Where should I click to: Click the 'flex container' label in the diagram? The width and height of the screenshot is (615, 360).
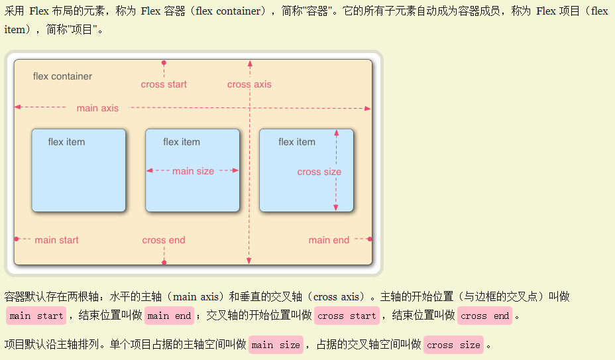(x=62, y=76)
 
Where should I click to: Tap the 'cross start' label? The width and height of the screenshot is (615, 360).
(x=164, y=84)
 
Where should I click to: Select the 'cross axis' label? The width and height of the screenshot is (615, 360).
(x=249, y=84)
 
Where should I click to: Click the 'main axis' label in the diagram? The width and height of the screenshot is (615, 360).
(x=97, y=108)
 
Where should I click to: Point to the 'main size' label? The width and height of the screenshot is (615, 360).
(x=193, y=171)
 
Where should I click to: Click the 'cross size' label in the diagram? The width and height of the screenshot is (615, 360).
(x=319, y=172)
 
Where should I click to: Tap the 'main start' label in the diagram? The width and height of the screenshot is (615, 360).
(x=56, y=240)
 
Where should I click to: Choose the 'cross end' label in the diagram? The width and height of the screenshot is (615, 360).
(x=164, y=240)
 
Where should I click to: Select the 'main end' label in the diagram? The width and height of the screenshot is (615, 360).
(x=329, y=240)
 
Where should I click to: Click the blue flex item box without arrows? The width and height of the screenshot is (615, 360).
(x=78, y=179)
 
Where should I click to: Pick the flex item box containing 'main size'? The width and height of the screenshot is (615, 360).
(x=192, y=192)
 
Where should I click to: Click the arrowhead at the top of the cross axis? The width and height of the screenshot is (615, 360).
(x=250, y=64)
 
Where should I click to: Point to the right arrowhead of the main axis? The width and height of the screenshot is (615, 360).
(x=368, y=108)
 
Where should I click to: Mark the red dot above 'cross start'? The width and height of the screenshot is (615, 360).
(x=164, y=63)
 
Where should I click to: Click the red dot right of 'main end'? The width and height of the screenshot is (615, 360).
(x=369, y=239)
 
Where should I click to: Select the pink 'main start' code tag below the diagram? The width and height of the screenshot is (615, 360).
(x=36, y=316)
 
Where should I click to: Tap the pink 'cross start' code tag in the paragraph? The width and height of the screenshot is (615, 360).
(x=347, y=316)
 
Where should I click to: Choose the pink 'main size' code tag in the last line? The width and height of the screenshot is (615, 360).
(x=276, y=345)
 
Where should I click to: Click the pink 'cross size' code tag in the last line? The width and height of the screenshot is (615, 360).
(x=453, y=345)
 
